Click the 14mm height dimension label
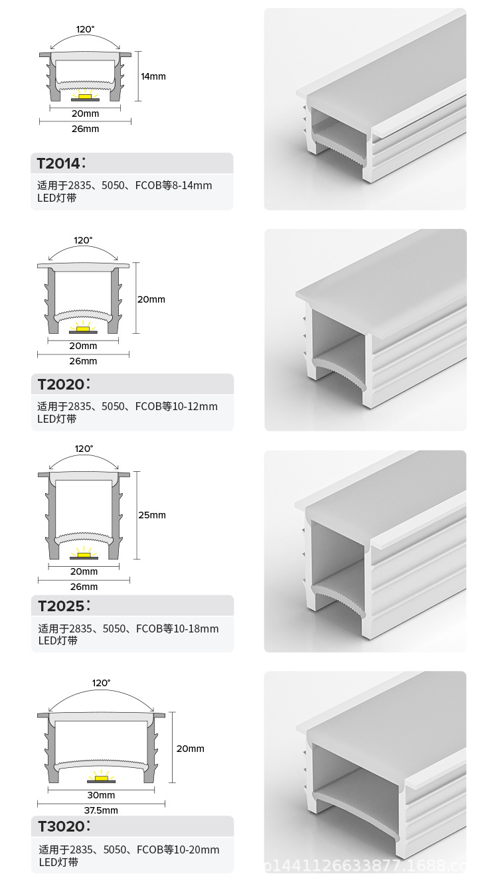point(153,76)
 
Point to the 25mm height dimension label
point(152,515)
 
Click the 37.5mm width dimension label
point(101,810)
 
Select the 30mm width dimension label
point(101,795)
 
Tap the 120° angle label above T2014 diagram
point(86,29)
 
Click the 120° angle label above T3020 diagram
point(102,683)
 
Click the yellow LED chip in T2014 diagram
point(85,96)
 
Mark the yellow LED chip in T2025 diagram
point(84,555)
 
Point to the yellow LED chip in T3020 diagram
point(102,778)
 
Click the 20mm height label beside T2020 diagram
point(151,299)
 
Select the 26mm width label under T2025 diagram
point(84,587)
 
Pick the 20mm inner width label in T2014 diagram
point(85,114)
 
